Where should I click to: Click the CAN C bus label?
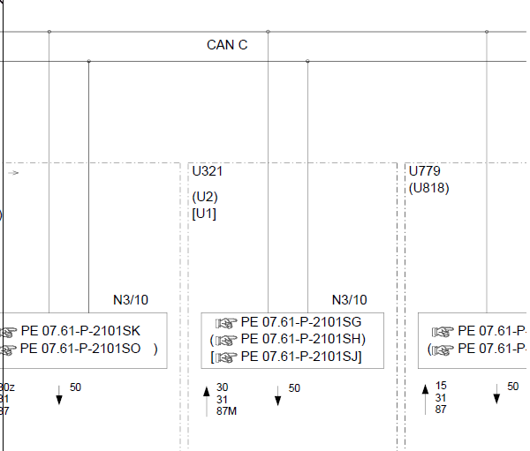[x=227, y=45]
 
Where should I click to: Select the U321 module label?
[x=208, y=170]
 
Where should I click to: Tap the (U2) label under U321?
[x=205, y=197]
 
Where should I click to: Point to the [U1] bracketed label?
[x=204, y=214]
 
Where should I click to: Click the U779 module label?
[x=425, y=170]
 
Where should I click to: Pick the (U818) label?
[x=429, y=187]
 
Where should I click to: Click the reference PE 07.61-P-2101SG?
[x=301, y=321]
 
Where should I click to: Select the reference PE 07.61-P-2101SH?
[x=301, y=339]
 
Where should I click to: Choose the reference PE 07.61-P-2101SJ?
[x=301, y=357]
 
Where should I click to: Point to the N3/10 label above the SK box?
[x=131, y=300]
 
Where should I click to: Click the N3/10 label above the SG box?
[x=349, y=300]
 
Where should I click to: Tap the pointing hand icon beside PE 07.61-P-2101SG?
[x=227, y=322]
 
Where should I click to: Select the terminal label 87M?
[x=227, y=410]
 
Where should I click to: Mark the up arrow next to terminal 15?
[x=425, y=395]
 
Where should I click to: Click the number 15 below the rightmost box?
[x=441, y=386]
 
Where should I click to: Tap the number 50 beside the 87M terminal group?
[x=294, y=387]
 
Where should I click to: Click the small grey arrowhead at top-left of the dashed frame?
[x=14, y=173]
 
